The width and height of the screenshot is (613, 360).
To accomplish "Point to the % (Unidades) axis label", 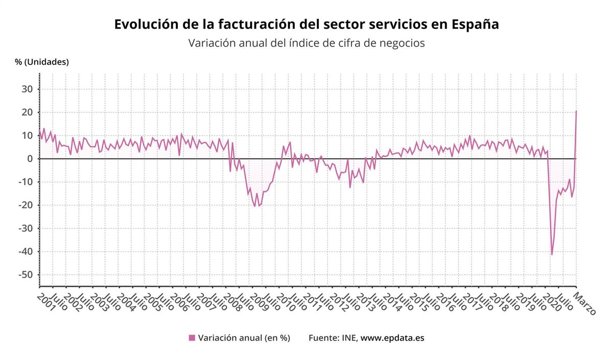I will (x=42, y=62).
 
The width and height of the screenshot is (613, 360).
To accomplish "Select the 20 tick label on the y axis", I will (x=28, y=112).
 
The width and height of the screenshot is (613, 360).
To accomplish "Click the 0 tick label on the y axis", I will (x=30, y=159).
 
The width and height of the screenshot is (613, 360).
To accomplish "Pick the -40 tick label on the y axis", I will (x=26, y=252).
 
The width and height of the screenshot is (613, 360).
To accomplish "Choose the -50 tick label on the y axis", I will (x=26, y=275).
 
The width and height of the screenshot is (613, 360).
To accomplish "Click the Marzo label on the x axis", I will (x=584, y=303).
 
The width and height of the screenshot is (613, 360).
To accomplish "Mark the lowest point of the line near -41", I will (x=552, y=254).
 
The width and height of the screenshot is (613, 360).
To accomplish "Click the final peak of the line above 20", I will (x=576, y=111).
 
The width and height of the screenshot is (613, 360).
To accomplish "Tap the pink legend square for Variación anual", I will (x=192, y=338).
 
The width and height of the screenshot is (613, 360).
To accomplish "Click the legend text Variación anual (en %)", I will (x=244, y=338).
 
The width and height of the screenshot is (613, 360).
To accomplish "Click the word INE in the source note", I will (x=349, y=338).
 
